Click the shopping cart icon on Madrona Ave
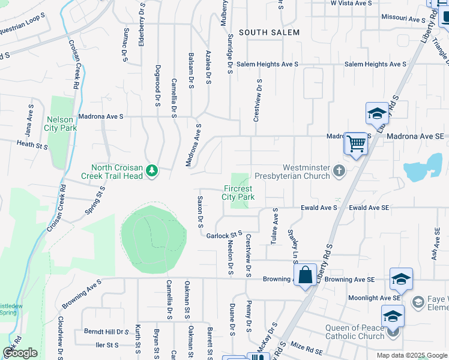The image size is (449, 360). click(356, 143)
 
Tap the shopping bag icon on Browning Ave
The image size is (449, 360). click(306, 275)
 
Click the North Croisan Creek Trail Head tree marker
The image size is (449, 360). click(152, 172)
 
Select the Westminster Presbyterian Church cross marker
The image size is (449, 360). click(339, 172)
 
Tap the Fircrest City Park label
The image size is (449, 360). click(238, 192)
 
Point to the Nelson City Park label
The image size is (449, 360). click(61, 124)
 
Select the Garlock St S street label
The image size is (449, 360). click(224, 235)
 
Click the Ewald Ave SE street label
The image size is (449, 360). click(369, 208)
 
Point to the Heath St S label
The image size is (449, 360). click(32, 144)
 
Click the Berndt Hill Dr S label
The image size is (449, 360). click(106, 331)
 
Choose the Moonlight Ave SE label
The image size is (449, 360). click(373, 298)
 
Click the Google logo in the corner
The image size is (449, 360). click(20, 353)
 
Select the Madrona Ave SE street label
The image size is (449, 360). click(415, 137)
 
